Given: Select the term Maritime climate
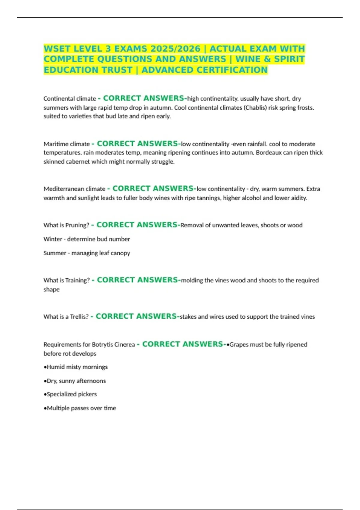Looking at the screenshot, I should coord(67,144).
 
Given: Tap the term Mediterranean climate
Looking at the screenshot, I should coord(74,189).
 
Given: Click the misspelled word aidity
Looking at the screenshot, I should coord(298,198).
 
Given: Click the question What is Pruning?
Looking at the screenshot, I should coord(66,225).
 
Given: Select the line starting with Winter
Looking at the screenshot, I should coord(87,239).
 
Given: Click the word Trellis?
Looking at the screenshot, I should coord(79,317).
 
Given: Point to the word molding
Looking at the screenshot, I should coord(192,280).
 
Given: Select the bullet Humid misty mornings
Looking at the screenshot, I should coord(76,367).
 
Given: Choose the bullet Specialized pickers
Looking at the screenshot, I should coord(70,394).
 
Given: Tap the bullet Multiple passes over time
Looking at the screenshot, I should coord(80,408).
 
